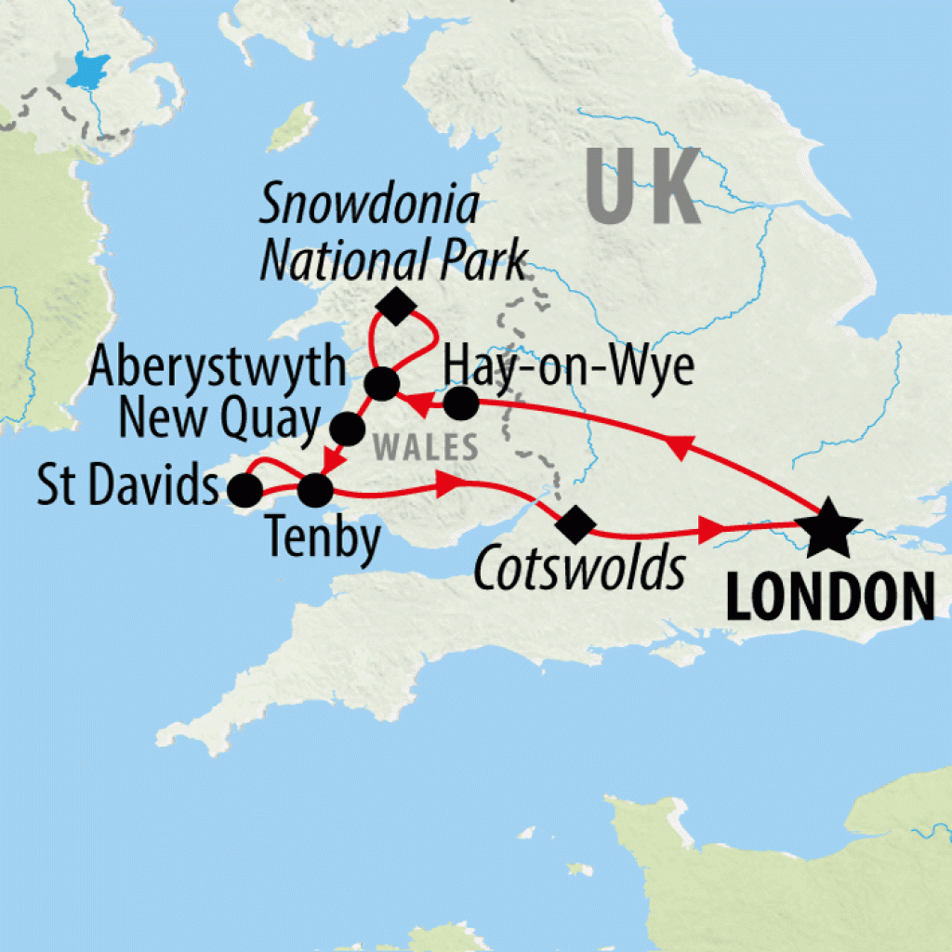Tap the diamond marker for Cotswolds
click(x=573, y=522)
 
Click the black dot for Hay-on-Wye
click(x=460, y=404)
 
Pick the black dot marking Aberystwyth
click(x=380, y=383)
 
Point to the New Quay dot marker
click(x=348, y=428)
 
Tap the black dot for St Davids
click(x=245, y=490)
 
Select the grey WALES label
click(x=425, y=446)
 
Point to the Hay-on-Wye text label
click(x=569, y=368)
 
